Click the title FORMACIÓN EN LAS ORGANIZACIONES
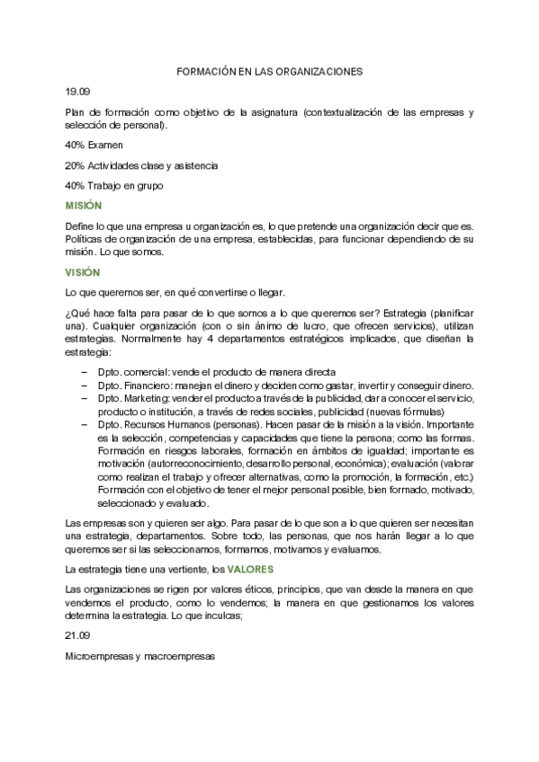click(x=269, y=71)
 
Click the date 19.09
click(x=77, y=92)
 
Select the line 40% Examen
click(x=94, y=145)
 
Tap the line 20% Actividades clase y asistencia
click(x=141, y=165)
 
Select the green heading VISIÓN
click(x=83, y=272)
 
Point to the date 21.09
click(x=77, y=635)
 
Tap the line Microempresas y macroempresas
click(x=140, y=656)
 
